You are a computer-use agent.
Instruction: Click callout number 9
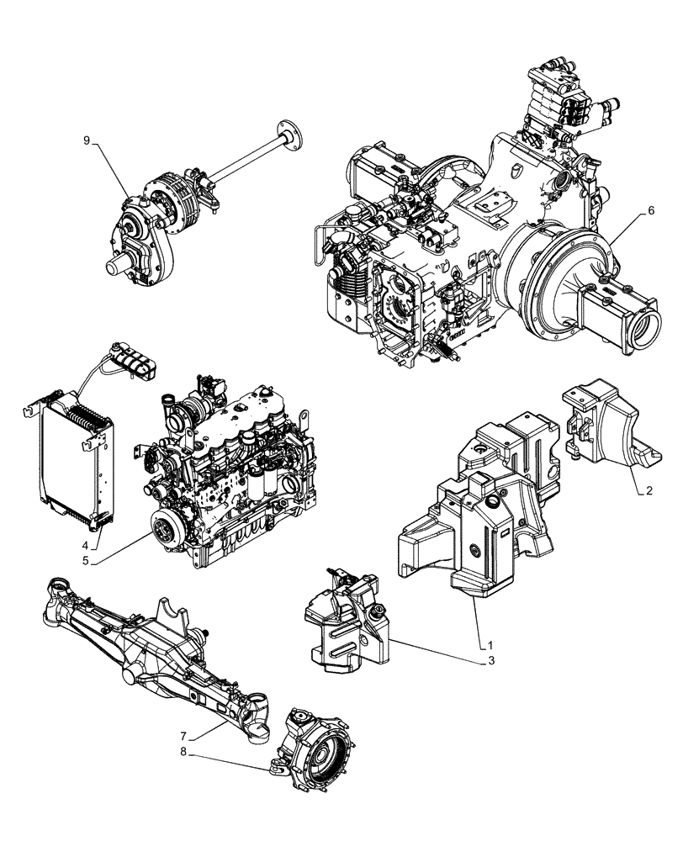click(x=87, y=140)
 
